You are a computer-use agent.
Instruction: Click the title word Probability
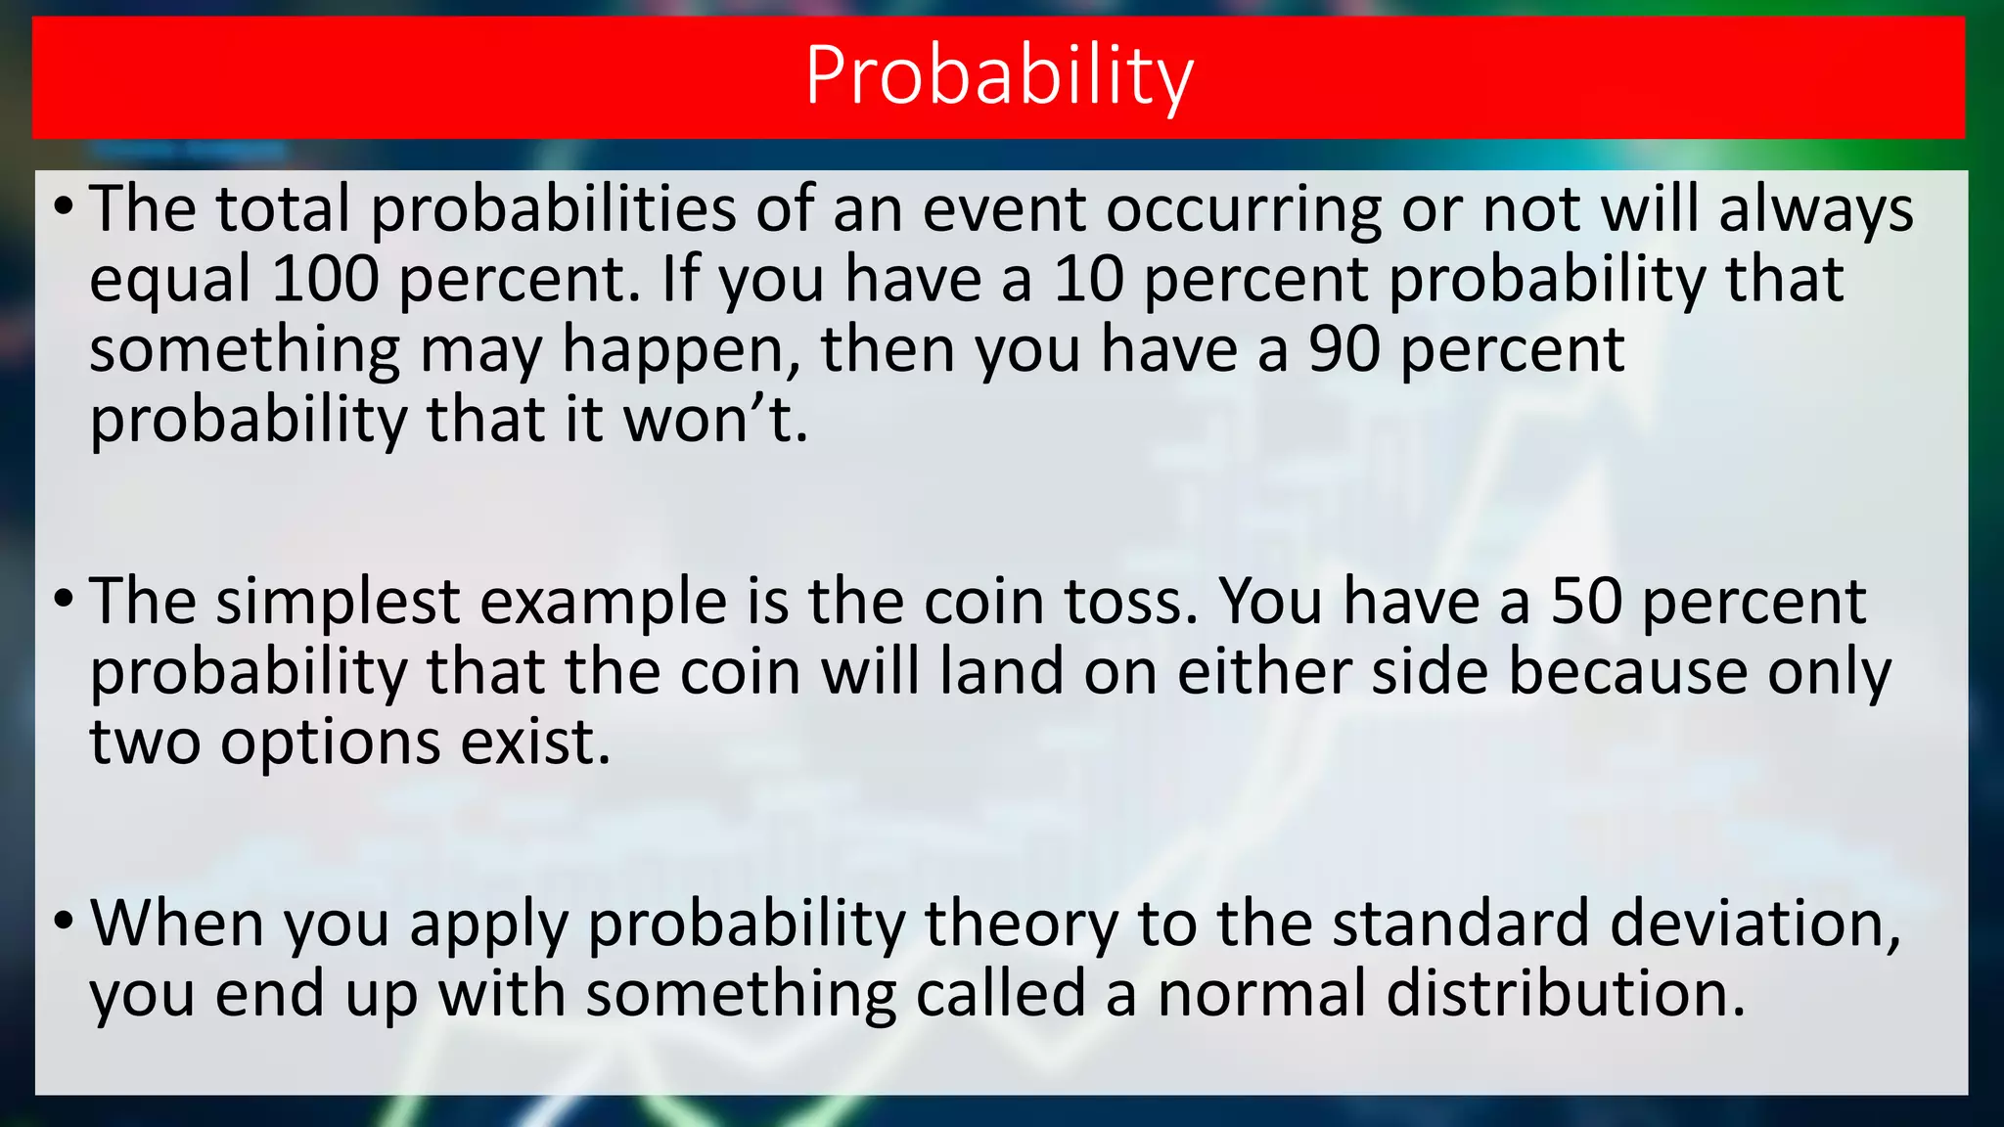point(998,76)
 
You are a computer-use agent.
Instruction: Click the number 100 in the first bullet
point(325,279)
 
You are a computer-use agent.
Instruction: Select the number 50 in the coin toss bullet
point(1586,601)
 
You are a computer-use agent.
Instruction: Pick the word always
point(1816,210)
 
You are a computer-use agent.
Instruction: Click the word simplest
point(338,603)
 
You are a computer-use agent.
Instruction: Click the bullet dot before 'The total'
point(64,206)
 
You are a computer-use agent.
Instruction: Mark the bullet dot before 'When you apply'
point(64,921)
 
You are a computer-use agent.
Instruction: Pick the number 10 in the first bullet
point(1088,279)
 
